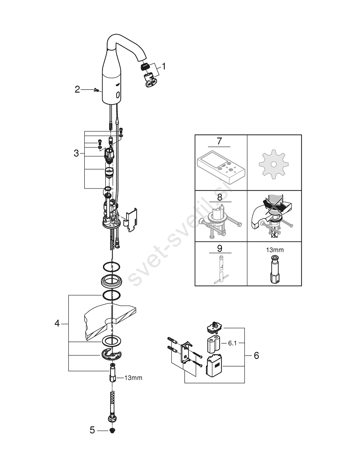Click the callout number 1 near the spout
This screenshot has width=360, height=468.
163,66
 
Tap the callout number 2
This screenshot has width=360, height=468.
77,89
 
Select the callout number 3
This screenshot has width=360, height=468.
76,154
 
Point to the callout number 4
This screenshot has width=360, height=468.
57,323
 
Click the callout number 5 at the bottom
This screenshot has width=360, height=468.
92,431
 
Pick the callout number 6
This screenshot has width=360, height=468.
256,356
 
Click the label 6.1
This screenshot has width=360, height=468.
232,343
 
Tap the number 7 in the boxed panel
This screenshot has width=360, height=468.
220,140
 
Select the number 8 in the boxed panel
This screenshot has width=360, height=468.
220,197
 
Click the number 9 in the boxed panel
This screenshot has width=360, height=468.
220,249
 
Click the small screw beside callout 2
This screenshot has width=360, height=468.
96,89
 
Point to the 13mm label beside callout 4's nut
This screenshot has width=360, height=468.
133,378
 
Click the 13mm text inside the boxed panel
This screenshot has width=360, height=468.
275,250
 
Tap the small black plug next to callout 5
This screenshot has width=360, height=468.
112,431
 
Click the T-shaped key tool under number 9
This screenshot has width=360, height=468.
221,270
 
